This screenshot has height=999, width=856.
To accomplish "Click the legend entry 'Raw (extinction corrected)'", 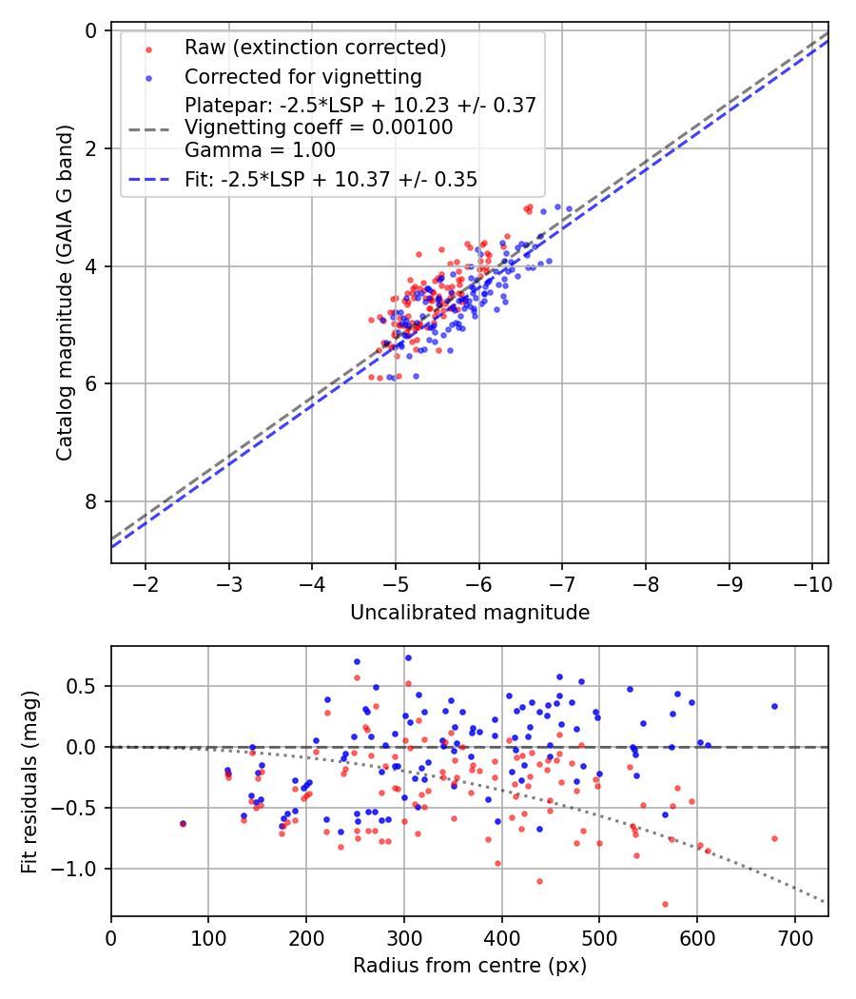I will pos(315,48).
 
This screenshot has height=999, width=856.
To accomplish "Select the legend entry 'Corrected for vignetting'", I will pos(302,76).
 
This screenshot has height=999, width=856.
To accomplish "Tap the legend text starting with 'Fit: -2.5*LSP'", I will pos(330,179).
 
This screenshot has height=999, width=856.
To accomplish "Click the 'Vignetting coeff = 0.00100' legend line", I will pos(319,127).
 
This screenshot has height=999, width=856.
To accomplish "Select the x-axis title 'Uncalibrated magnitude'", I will pos(470,613).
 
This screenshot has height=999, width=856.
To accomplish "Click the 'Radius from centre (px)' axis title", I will pos(470,966).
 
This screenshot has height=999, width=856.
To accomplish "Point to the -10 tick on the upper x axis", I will pos(811,582).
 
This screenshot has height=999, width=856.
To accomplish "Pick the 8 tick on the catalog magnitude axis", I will pos(91,501).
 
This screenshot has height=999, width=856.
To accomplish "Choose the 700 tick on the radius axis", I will pos(793,936).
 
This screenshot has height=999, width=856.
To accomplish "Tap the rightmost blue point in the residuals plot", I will pos(774,706).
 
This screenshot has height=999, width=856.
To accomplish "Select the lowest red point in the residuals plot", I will pos(665,904).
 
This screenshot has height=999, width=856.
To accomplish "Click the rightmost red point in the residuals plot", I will pos(774,838).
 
